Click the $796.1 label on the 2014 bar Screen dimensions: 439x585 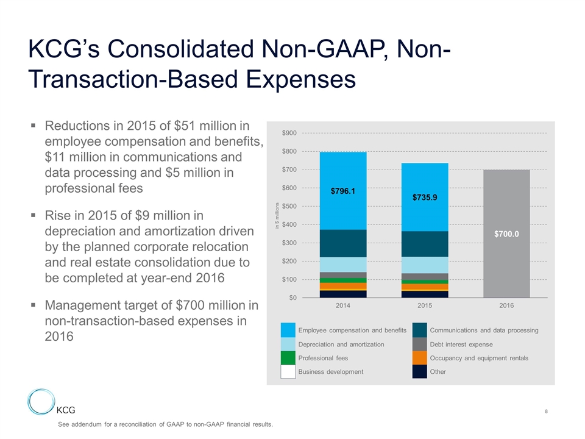342,191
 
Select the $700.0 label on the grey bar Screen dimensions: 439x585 506,234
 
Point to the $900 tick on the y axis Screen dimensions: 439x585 289,133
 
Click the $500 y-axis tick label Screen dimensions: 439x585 289,206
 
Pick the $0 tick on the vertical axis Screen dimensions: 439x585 292,298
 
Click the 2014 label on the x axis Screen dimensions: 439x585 343,305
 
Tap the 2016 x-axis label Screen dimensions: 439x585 506,305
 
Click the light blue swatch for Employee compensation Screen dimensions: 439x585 288,330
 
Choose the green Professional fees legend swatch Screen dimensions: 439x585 288,358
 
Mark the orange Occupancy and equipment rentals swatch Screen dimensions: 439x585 419,358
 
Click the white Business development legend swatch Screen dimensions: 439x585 288,372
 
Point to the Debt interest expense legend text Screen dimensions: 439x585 461,344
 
